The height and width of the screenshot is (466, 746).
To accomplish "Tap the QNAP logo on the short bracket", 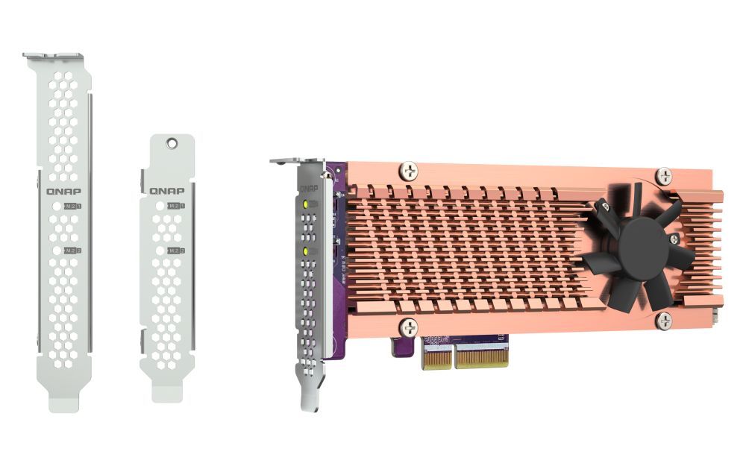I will (x=166, y=190).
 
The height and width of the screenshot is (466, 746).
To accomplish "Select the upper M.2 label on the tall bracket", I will (x=72, y=205).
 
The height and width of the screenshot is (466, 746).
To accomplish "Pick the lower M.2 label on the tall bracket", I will (x=72, y=251).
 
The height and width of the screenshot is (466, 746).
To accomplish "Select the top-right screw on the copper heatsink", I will (x=662, y=176).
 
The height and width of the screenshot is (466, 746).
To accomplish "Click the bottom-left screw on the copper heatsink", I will (x=408, y=327).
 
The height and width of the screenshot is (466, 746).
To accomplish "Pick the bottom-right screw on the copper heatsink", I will (x=662, y=321).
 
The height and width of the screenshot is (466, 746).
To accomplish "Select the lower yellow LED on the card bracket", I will (x=305, y=251).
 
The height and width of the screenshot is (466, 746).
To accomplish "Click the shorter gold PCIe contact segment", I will (x=436, y=356).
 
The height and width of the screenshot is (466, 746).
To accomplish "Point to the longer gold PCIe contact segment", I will (x=482, y=356).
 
